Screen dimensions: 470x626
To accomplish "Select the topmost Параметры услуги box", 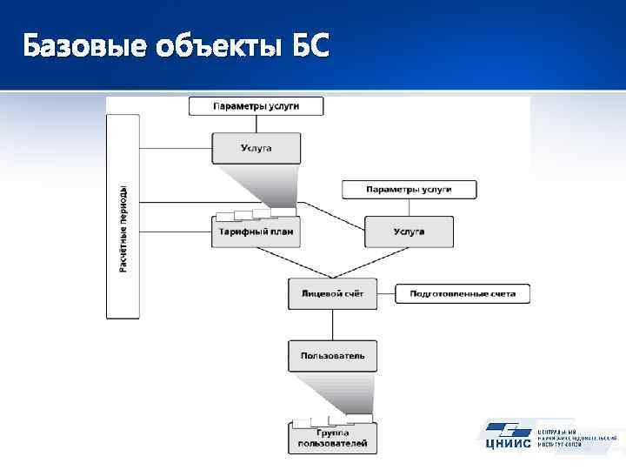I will point(256,106).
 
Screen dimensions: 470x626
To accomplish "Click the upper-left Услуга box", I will point(256,148).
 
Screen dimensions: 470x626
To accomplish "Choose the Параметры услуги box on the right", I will point(409,189).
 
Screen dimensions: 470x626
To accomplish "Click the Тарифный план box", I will point(256,232).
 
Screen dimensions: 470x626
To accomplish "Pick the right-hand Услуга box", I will point(409,232).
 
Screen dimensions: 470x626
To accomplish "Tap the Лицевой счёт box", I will point(332,294).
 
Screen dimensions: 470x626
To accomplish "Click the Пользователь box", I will point(332,355).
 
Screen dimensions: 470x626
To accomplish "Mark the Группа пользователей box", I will point(332,438).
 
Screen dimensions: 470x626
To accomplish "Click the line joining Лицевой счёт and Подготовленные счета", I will point(386,294).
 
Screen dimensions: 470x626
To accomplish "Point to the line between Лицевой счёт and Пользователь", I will point(332,325).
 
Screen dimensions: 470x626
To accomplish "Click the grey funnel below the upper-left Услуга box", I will point(261,187).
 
